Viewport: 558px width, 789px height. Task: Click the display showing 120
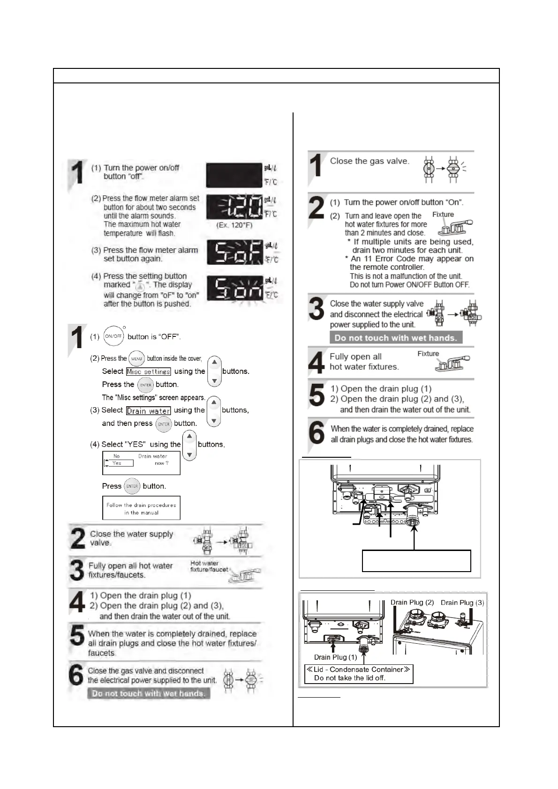point(234,208)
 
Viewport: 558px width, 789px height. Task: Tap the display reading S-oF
point(234,253)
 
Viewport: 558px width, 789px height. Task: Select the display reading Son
point(234,289)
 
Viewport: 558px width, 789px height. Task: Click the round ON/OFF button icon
point(113,336)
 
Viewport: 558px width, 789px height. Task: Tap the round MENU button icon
point(136,359)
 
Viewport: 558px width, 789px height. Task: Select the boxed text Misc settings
point(148,372)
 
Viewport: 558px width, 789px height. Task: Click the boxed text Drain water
point(148,411)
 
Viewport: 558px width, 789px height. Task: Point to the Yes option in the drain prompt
point(118,463)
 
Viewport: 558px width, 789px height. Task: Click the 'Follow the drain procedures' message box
point(141,508)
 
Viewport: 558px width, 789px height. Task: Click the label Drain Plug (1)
point(335,657)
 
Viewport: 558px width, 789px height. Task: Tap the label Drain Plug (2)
point(412,603)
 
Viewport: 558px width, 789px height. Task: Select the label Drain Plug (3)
point(462,603)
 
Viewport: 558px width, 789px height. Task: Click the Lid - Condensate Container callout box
point(359,674)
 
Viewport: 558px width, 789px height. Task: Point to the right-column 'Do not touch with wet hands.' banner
point(396,338)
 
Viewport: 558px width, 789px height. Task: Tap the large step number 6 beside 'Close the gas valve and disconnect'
point(76,675)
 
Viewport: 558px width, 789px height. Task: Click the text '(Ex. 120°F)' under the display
point(234,225)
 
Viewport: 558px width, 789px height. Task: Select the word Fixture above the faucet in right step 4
point(428,354)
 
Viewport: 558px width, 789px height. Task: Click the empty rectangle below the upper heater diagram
point(416,561)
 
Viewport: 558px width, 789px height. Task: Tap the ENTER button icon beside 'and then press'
point(163,424)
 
